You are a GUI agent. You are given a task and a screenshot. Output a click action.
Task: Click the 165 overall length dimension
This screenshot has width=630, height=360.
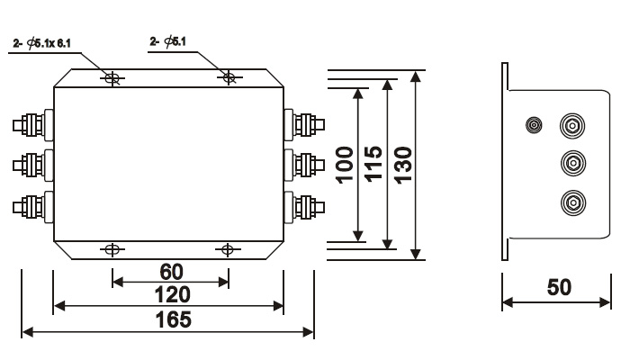(173, 319)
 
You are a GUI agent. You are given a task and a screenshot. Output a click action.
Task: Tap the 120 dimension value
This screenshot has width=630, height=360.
(173, 295)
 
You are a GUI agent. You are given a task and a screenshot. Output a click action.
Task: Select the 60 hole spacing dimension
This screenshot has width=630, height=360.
(172, 272)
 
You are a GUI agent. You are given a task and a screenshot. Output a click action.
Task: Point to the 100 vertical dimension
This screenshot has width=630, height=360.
(345, 165)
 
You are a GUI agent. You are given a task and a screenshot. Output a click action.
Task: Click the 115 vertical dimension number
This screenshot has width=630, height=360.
(373, 164)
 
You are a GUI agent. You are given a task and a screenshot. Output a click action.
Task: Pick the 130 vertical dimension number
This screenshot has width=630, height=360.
(403, 165)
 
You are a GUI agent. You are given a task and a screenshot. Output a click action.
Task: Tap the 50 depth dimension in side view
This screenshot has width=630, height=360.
(559, 287)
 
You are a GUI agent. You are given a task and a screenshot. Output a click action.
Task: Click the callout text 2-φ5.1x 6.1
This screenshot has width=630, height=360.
(41, 43)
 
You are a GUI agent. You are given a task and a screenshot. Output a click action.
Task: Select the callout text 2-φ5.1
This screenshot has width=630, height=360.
(168, 41)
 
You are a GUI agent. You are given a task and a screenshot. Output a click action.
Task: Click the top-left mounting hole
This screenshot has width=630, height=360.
(112, 78)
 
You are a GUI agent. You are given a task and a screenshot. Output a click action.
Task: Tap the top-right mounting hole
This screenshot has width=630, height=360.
(229, 77)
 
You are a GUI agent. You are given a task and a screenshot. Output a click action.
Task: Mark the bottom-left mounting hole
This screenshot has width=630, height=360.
(112, 250)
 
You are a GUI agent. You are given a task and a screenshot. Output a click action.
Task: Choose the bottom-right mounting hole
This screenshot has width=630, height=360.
(228, 250)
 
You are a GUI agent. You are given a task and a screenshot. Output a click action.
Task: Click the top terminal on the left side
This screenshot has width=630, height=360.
(33, 125)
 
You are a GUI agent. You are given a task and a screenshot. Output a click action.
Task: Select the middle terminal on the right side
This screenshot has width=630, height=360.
(304, 165)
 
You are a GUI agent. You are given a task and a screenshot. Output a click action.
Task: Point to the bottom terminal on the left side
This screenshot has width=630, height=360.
(33, 207)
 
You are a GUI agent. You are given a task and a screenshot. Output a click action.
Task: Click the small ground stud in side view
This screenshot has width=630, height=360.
(534, 125)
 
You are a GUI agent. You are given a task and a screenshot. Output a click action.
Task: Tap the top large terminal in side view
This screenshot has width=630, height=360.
(572, 126)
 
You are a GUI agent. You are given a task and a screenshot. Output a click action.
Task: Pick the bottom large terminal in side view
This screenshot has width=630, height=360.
(573, 202)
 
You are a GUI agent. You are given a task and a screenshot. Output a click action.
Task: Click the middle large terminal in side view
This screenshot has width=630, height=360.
(573, 163)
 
